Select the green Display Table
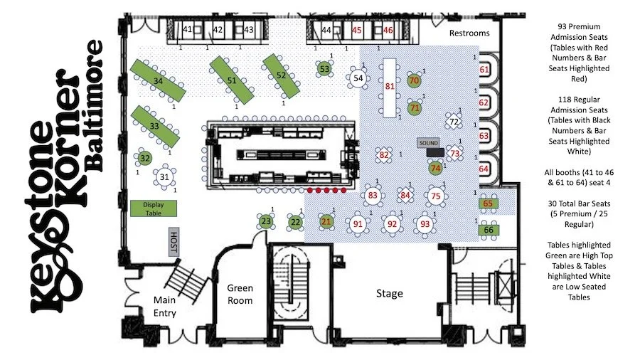(x=148, y=207)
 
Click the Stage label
(x=389, y=293)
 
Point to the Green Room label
(x=240, y=294)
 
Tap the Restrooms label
(x=469, y=33)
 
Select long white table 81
(x=389, y=87)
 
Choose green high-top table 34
(x=158, y=81)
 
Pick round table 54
(x=358, y=78)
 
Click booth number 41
(x=188, y=30)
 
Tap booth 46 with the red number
(x=388, y=30)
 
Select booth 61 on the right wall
(x=484, y=70)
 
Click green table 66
(x=488, y=230)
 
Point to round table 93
(x=425, y=224)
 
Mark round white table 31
(x=164, y=176)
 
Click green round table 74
(x=436, y=169)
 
